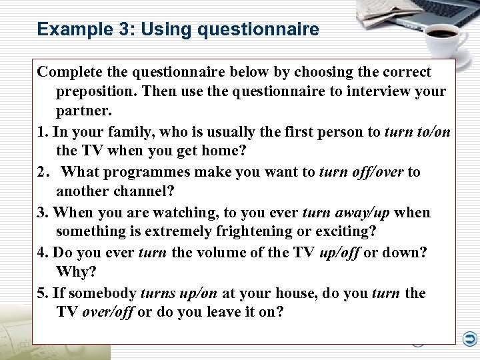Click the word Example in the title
coord(65,29)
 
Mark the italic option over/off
coord(107,312)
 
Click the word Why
coord(76,271)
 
